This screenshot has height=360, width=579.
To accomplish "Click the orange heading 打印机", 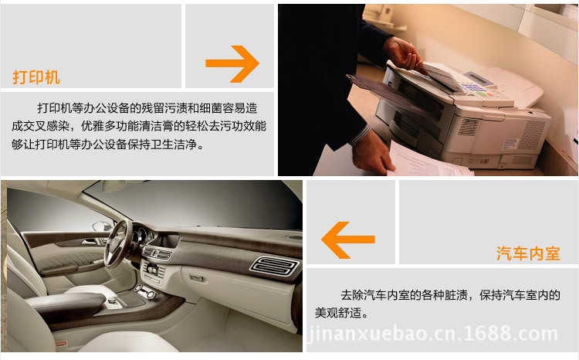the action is [x=36, y=77].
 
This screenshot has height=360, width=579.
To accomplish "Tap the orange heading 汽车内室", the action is [x=528, y=253].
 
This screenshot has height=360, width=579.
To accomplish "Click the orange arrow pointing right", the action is [x=232, y=63].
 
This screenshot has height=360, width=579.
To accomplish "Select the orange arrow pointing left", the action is [x=348, y=240].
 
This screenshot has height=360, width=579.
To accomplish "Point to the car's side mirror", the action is [x=102, y=226].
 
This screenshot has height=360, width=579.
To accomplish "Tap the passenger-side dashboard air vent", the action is [x=274, y=266].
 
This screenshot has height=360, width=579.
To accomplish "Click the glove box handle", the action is [x=196, y=277].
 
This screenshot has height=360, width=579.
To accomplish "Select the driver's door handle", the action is [x=89, y=242].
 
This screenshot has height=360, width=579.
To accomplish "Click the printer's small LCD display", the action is [x=477, y=77].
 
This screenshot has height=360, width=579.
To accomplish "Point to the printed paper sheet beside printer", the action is [x=428, y=160].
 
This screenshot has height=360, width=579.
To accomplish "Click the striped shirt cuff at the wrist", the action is [x=361, y=135].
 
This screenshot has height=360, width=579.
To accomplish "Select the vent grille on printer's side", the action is [x=532, y=135].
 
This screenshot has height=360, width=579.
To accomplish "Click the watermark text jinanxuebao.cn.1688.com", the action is [x=432, y=334].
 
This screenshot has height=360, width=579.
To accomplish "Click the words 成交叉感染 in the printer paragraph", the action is [x=41, y=126].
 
